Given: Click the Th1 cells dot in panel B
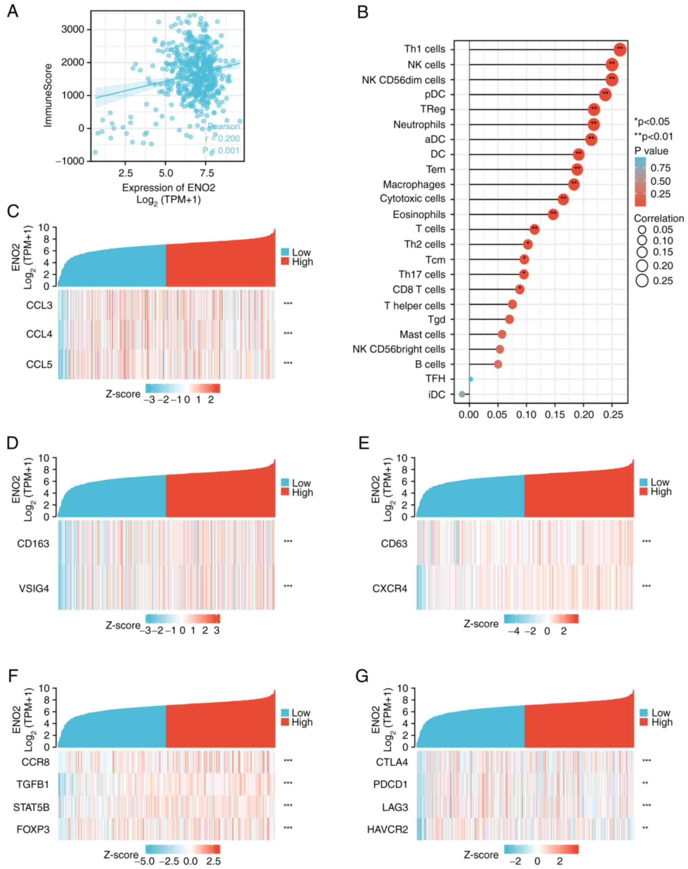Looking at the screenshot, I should point(620,49).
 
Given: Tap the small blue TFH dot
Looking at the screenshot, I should point(471,379).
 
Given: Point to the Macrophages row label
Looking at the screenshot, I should point(414,184).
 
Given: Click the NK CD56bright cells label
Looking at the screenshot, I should point(399,349).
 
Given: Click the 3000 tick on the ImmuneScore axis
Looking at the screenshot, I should point(72,29).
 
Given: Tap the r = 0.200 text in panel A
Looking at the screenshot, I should point(222,138).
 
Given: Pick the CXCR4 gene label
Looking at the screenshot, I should point(389,588).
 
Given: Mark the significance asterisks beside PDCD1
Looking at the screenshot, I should point(645,784).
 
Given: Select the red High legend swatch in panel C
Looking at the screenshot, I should point(285,262).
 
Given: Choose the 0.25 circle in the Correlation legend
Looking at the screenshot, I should point(642,281).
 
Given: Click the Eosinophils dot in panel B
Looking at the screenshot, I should point(553,214).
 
